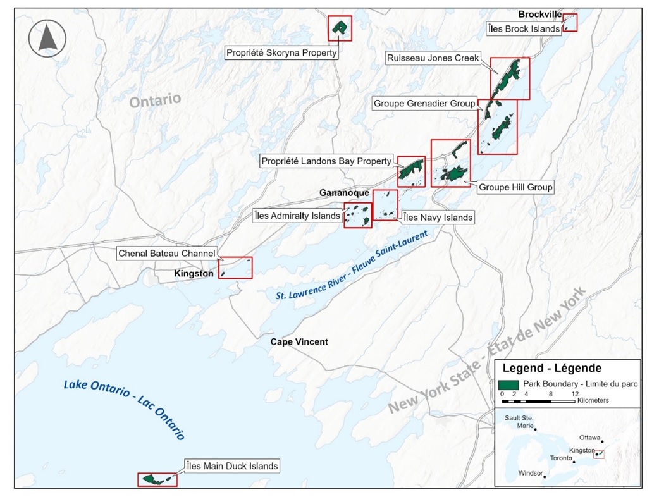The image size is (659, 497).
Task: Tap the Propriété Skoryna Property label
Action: [281, 54]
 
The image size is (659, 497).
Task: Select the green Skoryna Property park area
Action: [340, 27]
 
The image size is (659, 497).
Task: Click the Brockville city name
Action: [539, 15]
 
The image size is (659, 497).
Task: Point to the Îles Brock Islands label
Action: [524, 29]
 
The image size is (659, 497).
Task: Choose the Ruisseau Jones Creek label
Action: [433, 58]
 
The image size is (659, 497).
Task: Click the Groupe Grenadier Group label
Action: [424, 103]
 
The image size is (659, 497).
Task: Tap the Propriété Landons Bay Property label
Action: [326, 161]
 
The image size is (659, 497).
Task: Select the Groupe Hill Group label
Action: [515, 187]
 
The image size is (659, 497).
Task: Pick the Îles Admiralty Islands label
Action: [297, 216]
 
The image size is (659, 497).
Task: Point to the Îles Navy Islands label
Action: [438, 218]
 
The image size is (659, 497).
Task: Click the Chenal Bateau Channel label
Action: [167, 253]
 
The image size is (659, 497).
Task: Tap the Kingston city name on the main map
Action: [194, 274]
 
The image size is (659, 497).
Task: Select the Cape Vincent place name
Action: [299, 342]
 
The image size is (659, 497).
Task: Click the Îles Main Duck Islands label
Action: [231, 467]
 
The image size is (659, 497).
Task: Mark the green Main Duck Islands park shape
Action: [152, 479]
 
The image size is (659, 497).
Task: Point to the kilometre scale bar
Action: [538, 401]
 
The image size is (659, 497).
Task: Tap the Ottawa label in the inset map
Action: [589, 437]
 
